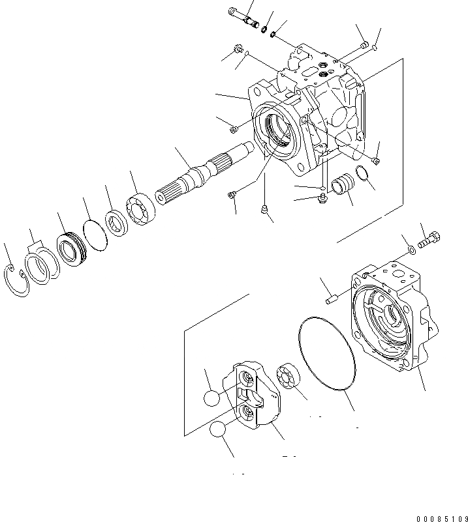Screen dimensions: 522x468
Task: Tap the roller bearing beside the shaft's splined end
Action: (x=142, y=209)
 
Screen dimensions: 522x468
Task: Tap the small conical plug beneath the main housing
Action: (x=264, y=209)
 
